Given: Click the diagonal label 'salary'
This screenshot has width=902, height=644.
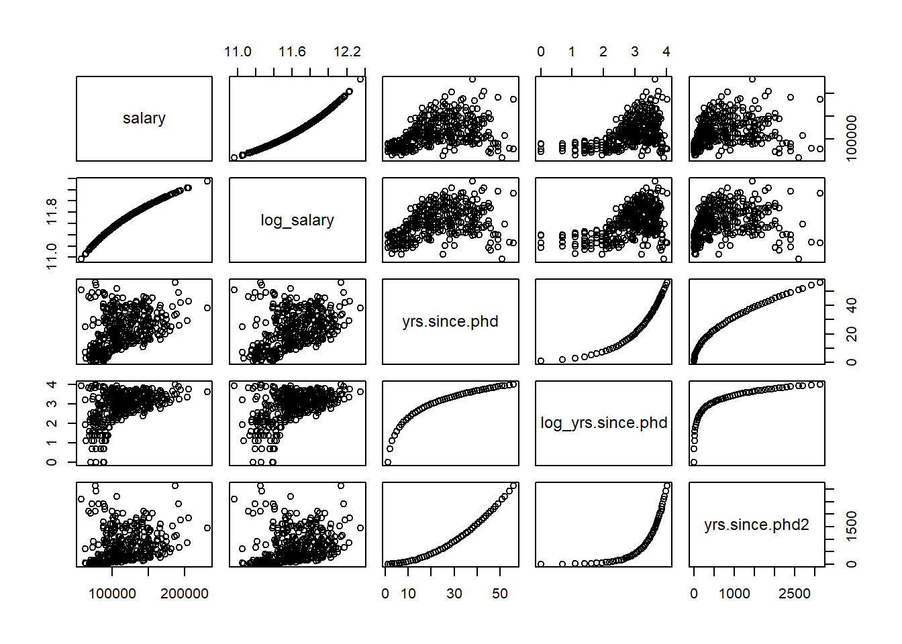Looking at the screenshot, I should (x=144, y=119).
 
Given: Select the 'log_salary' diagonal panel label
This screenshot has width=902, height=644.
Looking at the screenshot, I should (x=297, y=220).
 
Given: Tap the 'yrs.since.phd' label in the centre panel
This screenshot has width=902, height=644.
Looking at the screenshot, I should (x=450, y=321).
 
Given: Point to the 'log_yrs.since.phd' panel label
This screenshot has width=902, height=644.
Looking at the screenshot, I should (x=603, y=423).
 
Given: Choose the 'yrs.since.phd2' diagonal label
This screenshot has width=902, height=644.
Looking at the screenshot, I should (x=756, y=525).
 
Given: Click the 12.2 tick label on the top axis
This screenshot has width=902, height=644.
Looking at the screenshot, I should (x=347, y=52).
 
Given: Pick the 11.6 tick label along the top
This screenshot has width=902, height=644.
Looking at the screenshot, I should (x=292, y=52).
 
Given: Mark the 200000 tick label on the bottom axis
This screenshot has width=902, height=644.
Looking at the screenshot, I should (x=185, y=594).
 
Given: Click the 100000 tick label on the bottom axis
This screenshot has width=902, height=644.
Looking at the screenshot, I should (x=112, y=594).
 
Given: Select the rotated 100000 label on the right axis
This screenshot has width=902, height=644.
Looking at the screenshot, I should (x=852, y=138).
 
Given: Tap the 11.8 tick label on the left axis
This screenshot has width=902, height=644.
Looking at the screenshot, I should (x=52, y=211).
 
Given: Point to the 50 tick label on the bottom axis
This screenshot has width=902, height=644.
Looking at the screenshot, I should (x=500, y=594).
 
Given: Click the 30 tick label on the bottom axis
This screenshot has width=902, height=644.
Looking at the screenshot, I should (x=454, y=594).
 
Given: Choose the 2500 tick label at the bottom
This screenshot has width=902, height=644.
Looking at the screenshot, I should (x=795, y=594).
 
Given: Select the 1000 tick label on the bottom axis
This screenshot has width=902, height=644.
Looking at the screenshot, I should (x=734, y=594).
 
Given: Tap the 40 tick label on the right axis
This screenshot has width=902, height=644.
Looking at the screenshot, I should (x=852, y=306).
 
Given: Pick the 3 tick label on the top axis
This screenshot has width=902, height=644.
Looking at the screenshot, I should (x=634, y=52).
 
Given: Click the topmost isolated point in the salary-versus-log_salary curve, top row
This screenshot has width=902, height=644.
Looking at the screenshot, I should (x=360, y=80).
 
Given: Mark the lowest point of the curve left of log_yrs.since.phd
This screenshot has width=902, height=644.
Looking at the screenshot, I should (x=388, y=462).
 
